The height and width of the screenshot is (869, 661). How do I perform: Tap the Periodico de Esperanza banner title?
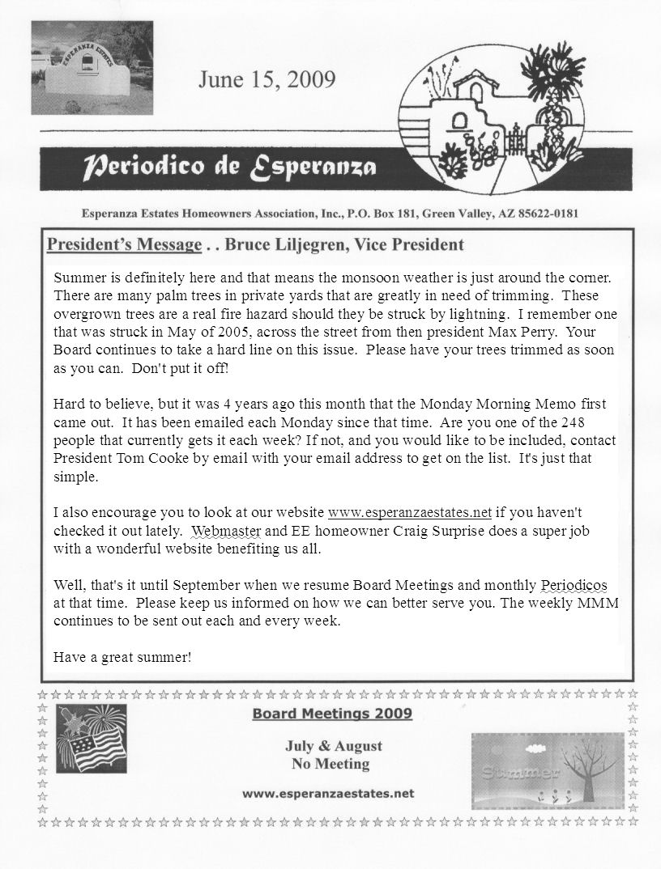point(230,168)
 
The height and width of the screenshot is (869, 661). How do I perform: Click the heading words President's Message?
point(123,244)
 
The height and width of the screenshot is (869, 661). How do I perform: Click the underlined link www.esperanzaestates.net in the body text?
point(411,513)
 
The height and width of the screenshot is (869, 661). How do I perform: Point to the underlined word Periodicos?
point(574,585)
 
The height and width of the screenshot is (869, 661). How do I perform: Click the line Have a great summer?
point(122,656)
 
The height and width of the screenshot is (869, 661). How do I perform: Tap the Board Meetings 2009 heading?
point(332,713)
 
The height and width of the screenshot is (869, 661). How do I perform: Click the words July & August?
point(333,745)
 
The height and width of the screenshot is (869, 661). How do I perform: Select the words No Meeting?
point(330,763)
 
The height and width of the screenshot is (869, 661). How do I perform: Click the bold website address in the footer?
point(329,794)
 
